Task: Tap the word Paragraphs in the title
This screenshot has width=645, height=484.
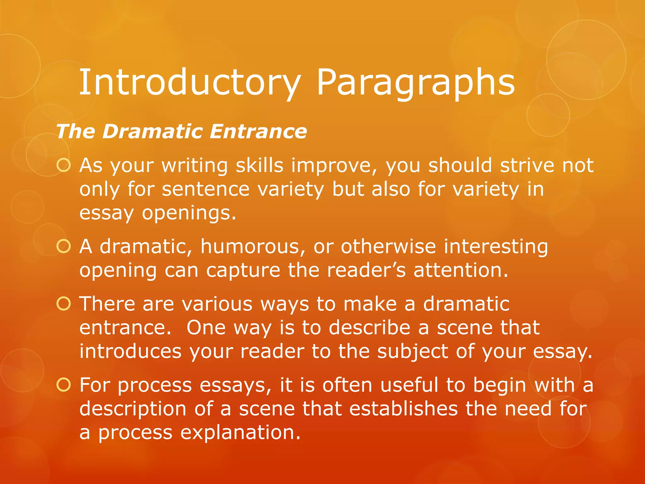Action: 416,83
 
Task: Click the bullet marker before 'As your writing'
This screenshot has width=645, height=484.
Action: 64,165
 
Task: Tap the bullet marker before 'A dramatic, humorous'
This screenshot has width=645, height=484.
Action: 64,246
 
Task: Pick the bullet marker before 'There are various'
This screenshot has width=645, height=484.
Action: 64,304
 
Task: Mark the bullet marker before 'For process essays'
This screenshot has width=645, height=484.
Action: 64,385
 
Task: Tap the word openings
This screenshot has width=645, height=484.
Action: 189,214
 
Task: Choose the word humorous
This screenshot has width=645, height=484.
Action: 253,246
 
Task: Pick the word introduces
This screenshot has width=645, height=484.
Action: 130,352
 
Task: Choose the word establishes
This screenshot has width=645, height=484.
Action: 403,409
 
